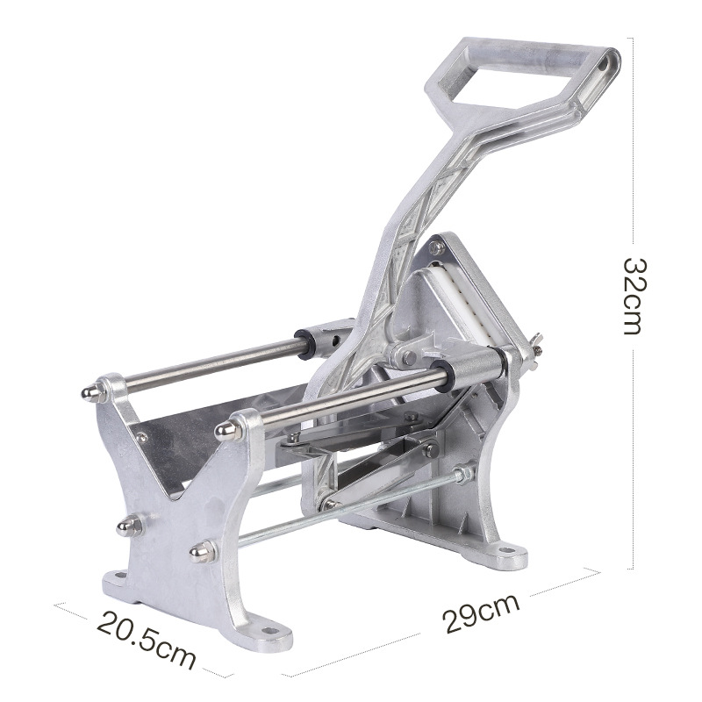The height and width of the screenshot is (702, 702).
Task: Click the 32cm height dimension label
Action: coord(634,296)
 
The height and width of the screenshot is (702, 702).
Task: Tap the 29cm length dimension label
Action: coord(481,612)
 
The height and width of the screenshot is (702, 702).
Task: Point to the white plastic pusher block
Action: coord(466,304)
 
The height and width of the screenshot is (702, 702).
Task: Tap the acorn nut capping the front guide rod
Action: coord(227,430)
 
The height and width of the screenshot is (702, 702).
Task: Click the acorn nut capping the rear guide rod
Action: coord(92,391)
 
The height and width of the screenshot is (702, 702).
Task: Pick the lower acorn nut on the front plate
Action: coord(203,552)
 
